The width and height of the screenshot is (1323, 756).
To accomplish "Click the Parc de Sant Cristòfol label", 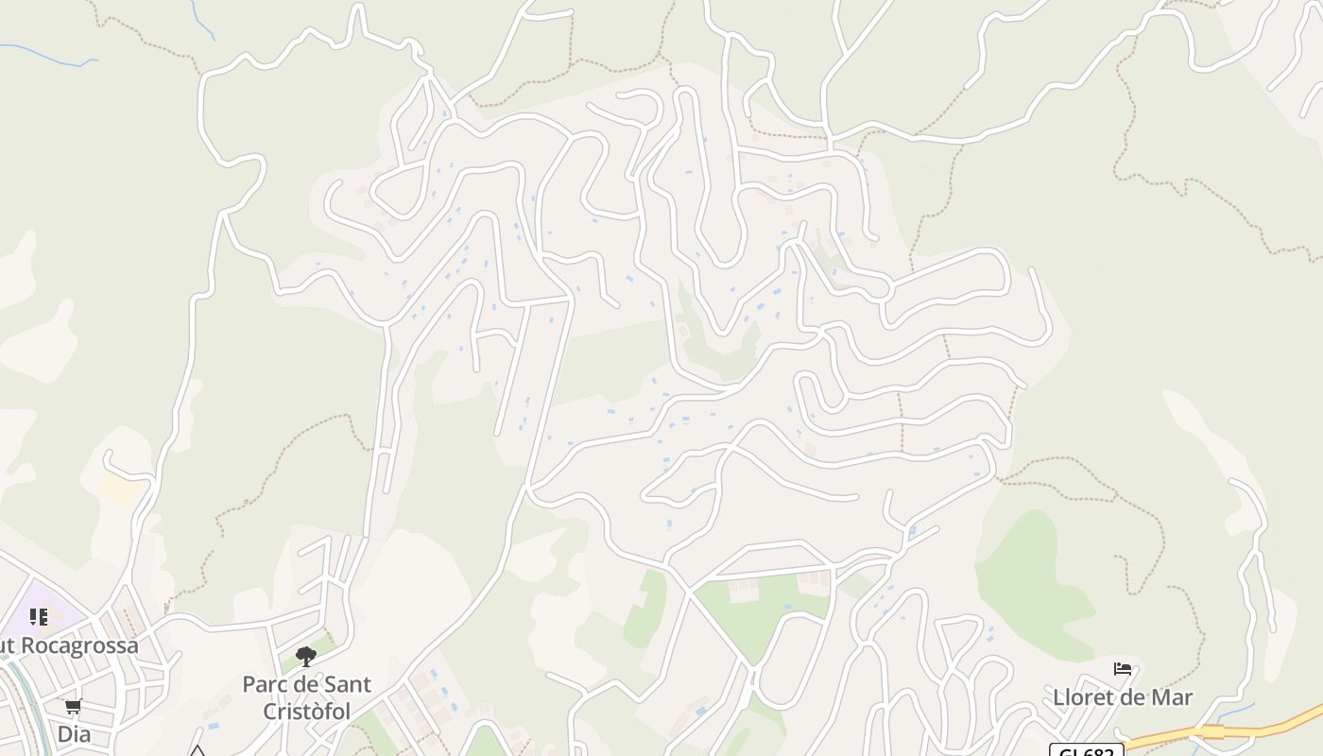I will (306, 696).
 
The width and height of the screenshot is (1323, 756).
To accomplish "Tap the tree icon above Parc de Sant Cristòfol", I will (305, 656).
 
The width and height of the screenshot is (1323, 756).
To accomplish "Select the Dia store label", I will (73, 733).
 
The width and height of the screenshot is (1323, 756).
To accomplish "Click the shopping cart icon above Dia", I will (73, 706).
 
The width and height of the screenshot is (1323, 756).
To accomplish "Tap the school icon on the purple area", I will (39, 617).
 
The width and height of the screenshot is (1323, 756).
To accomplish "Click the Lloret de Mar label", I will (1123, 697).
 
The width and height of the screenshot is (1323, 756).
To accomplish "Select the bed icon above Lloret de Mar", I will (1123, 669).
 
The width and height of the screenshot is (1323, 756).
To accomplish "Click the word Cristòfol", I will (306, 711).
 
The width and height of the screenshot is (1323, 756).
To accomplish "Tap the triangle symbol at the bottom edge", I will (197, 751).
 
